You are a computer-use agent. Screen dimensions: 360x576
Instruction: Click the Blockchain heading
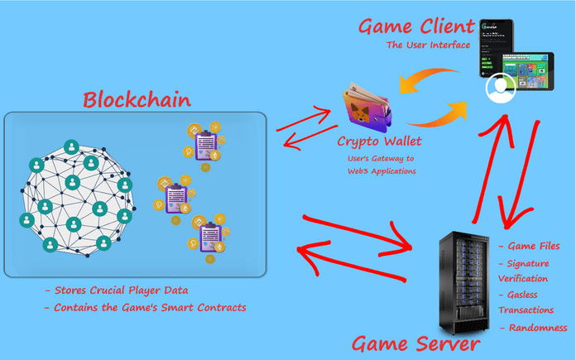(x=136, y=100)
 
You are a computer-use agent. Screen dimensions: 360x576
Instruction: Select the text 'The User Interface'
(x=427, y=45)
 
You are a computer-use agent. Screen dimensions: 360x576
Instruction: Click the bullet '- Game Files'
(x=530, y=247)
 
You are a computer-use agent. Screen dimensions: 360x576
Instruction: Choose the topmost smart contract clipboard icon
(x=204, y=146)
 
